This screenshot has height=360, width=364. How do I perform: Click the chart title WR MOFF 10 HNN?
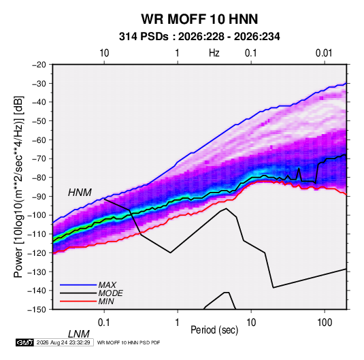point(199,19)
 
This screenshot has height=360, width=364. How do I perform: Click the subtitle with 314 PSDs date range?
point(199,37)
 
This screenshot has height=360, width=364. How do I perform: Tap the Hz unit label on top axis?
point(214,53)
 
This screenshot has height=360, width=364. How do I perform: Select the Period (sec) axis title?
point(214,329)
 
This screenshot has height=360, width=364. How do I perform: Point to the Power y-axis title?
point(18,186)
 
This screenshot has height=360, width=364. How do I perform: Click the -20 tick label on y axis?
point(39,65)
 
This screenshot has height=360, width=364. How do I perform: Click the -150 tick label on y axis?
point(37,310)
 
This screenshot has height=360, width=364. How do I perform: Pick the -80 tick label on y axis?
point(39,178)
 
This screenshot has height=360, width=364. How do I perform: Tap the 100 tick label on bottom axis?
point(325,323)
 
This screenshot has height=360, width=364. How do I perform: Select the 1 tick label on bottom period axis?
point(177,323)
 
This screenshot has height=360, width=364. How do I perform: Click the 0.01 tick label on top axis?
point(324,53)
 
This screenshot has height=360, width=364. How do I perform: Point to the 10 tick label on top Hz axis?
point(104,53)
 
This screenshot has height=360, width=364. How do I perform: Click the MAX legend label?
point(107,284)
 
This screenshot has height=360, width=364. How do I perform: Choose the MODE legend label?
point(110,293)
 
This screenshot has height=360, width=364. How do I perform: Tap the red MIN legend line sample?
point(78,301)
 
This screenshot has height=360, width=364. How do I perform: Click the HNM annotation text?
point(80,193)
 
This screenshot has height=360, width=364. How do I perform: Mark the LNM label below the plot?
point(78,334)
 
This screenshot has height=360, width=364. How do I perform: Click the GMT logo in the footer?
point(25,342)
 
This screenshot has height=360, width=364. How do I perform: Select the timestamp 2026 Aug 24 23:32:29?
point(63,342)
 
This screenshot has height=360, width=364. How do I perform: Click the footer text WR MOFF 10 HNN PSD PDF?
point(129,342)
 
